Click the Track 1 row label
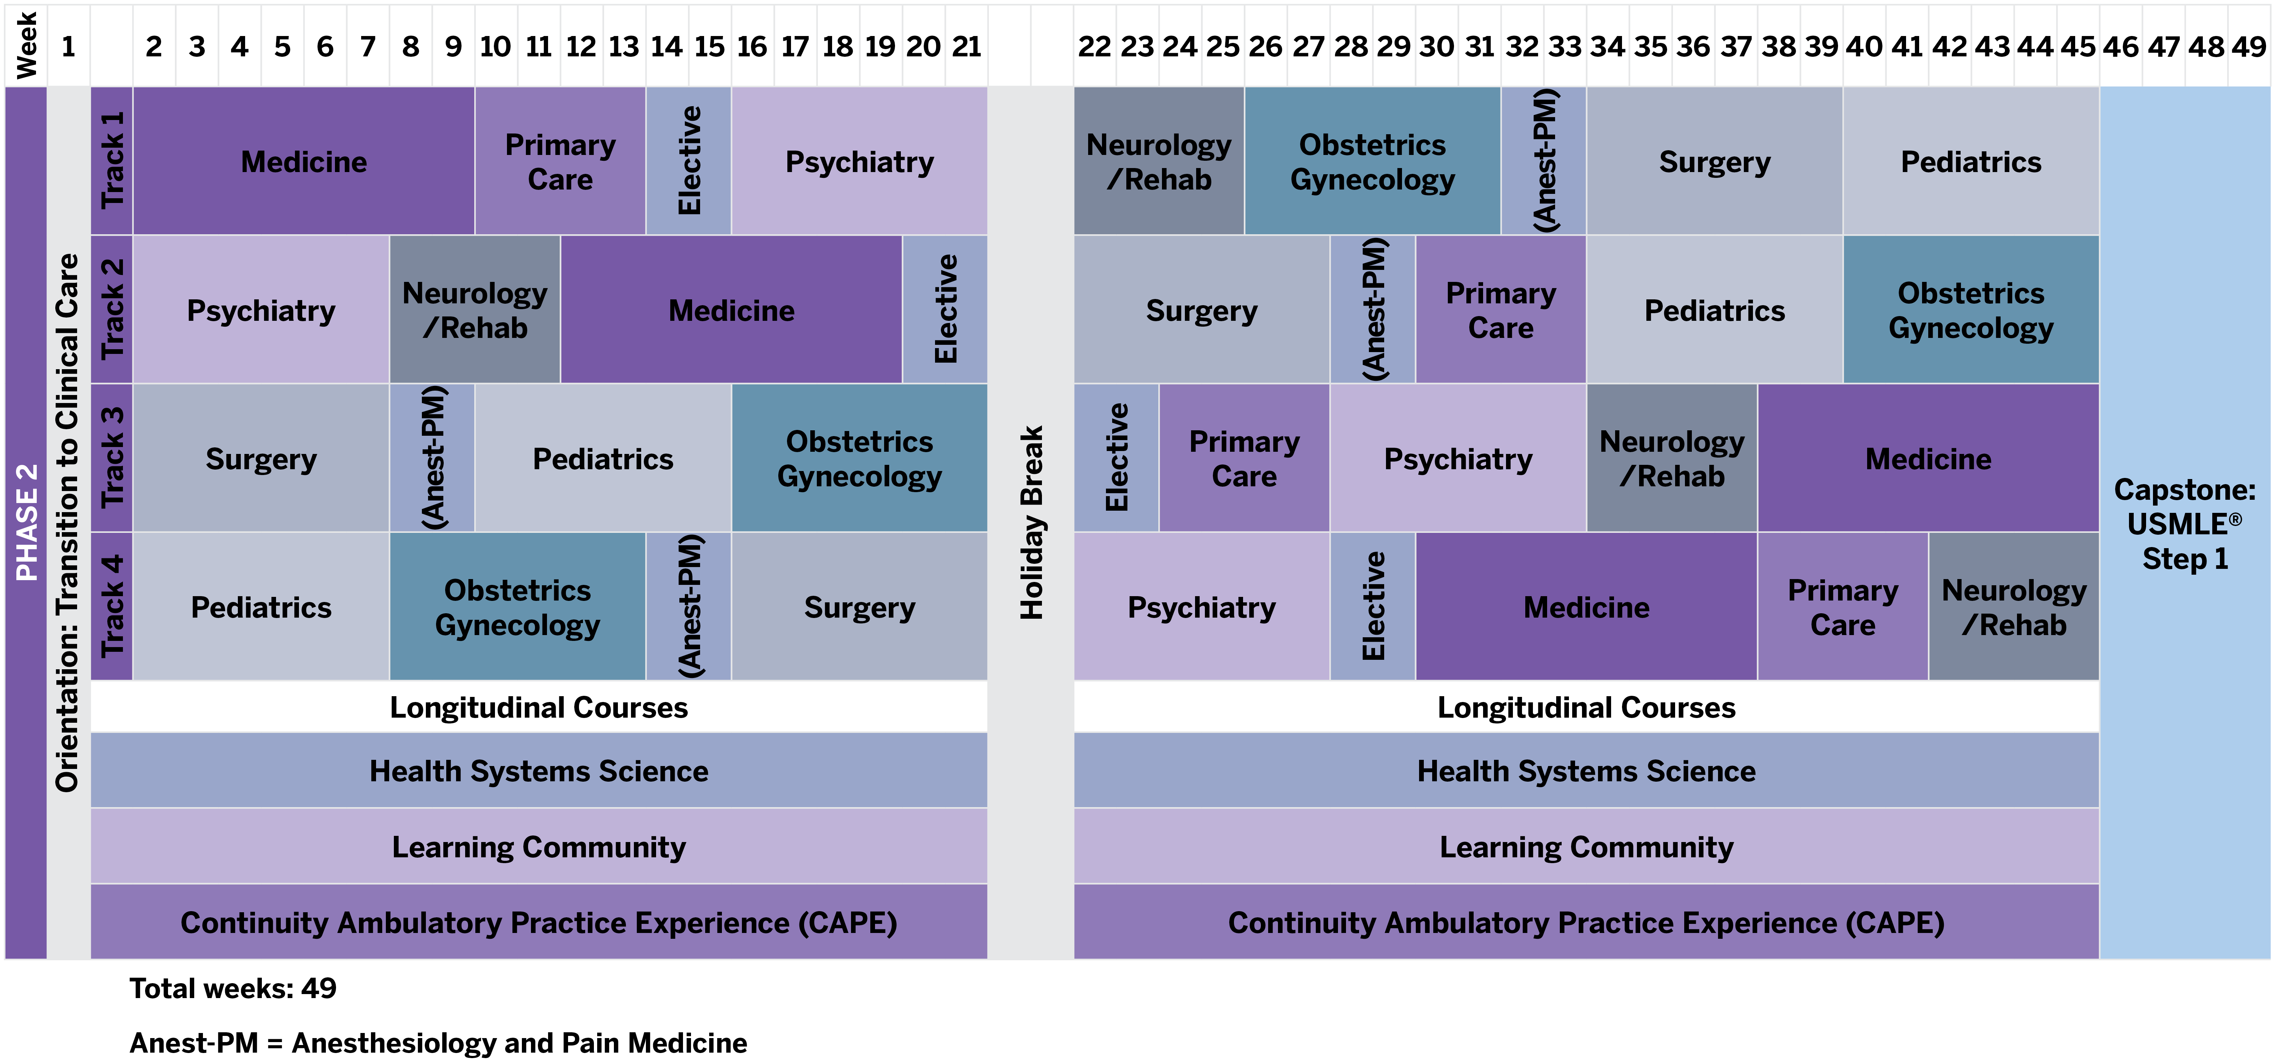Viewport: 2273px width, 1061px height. [x=112, y=161]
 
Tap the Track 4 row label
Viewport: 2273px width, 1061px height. [x=112, y=606]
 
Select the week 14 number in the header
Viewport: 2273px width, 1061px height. [x=666, y=46]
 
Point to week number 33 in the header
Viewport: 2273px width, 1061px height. [x=1565, y=46]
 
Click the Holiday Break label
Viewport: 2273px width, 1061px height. [x=1031, y=523]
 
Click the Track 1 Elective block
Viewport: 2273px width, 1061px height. [x=688, y=161]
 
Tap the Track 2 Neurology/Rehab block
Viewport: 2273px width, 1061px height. [x=475, y=310]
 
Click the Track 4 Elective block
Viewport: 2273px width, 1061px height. [x=1372, y=606]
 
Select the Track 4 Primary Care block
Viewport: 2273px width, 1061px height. [x=1842, y=606]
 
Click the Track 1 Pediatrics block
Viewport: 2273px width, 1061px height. [x=1970, y=161]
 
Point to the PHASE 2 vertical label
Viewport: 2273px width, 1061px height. [x=27, y=523]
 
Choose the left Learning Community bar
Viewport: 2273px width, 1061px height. [x=538, y=846]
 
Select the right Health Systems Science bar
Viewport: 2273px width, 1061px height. [x=1586, y=771]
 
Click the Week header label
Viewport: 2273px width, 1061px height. [x=27, y=46]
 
